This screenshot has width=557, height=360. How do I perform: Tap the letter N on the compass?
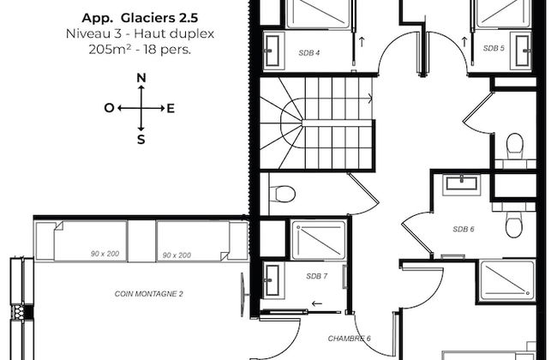141,79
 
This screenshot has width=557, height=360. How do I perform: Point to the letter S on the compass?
141,138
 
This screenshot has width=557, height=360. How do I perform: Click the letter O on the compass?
109,108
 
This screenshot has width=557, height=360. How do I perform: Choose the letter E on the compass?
171,108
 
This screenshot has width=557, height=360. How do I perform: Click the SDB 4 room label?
309,52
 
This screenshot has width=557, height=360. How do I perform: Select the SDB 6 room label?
463,229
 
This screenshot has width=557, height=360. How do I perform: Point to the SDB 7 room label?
316,276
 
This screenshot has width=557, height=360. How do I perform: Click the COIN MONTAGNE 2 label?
149,294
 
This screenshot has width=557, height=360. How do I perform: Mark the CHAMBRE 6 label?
350,339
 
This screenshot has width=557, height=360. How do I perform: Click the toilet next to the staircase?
281,194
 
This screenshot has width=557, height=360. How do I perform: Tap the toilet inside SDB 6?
513,225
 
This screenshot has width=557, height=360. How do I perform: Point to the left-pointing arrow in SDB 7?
318,303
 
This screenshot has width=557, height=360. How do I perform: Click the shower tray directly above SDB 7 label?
318,240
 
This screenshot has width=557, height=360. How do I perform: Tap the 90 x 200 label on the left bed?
91,255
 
